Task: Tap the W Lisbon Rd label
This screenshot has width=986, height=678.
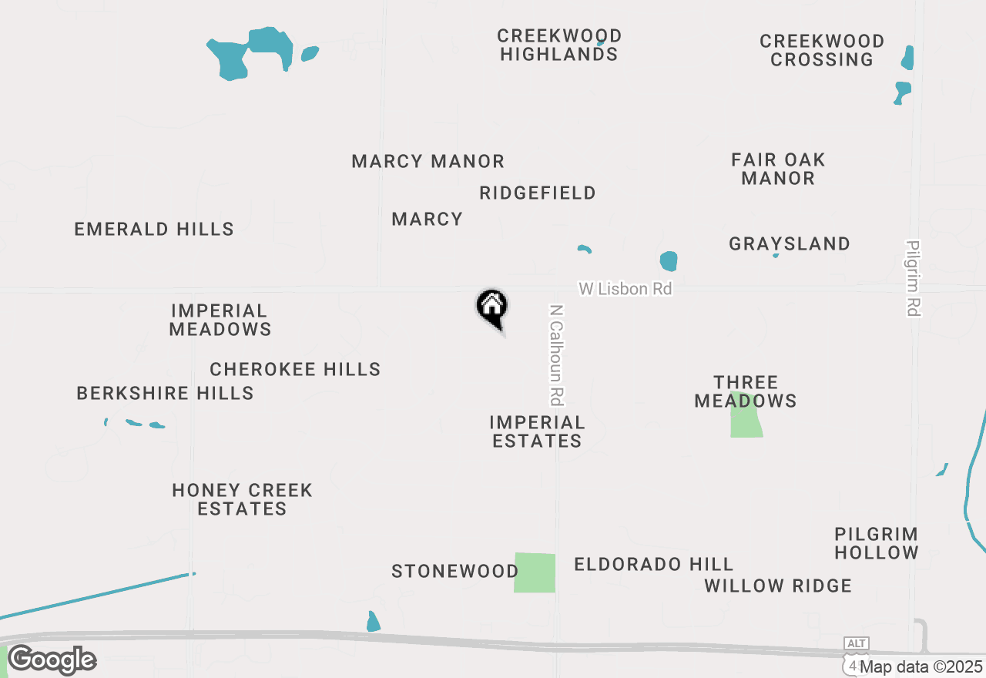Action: tap(625, 289)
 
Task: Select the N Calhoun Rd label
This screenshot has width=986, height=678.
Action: tap(557, 355)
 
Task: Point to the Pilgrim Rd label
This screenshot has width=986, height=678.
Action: tap(914, 278)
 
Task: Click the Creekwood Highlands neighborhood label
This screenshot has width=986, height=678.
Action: tap(559, 45)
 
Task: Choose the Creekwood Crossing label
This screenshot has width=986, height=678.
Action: tap(821, 50)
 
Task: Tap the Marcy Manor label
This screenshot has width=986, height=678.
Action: tap(428, 162)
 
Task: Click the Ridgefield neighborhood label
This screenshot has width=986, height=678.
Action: tap(537, 193)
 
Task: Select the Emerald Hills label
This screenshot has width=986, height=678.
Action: tap(154, 230)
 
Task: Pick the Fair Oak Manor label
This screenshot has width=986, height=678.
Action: tap(778, 169)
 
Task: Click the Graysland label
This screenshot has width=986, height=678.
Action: tap(790, 244)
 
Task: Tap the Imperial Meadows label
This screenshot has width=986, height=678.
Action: tap(220, 321)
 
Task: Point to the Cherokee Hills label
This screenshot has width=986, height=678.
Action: tap(295, 370)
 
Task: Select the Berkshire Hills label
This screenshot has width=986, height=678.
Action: tap(165, 394)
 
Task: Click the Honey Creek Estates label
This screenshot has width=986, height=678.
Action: tap(242, 499)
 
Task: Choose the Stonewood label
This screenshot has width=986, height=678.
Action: tap(454, 572)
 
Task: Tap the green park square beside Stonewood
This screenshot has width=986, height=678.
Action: tap(535, 573)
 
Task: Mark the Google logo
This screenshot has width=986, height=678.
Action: tap(52, 660)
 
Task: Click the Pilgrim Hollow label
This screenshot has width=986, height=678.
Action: tap(876, 543)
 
